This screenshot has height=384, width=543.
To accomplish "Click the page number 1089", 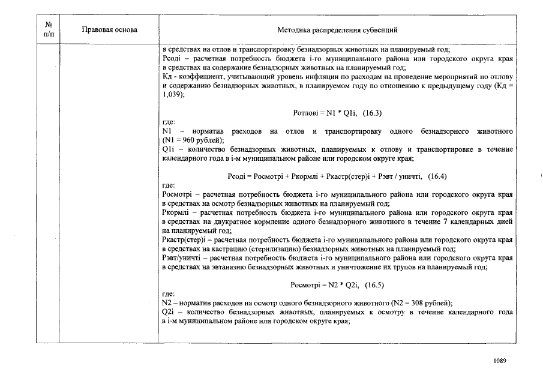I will point(500,361).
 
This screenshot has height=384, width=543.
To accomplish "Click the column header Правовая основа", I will point(109,29).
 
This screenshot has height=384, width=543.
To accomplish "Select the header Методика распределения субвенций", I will point(337,29).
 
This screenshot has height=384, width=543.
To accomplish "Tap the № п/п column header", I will point(48,29).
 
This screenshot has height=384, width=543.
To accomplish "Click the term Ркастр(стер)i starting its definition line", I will point(183,239).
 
